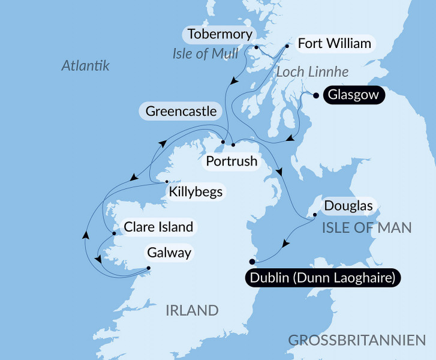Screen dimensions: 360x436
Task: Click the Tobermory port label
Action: [x=219, y=34]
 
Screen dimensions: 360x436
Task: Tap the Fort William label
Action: [x=334, y=44]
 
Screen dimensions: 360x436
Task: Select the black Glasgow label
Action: [x=353, y=95]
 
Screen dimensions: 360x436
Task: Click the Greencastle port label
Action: [x=181, y=112]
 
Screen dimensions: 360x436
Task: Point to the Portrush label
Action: [x=231, y=161]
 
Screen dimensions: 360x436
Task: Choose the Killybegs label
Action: [x=196, y=193]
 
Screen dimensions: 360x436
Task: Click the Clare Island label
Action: [x=158, y=227]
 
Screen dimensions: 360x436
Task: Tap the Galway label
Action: [x=172, y=253]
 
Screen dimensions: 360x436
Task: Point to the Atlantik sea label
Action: [x=86, y=66]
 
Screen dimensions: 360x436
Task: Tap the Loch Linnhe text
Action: [x=312, y=72]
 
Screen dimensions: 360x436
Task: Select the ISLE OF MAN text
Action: [x=367, y=227]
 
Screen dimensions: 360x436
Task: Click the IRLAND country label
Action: [x=192, y=310]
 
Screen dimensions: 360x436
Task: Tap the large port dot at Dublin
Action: [x=252, y=261]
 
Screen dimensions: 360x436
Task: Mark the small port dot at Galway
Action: [x=149, y=269]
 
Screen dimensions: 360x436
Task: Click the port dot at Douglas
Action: [x=315, y=214]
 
